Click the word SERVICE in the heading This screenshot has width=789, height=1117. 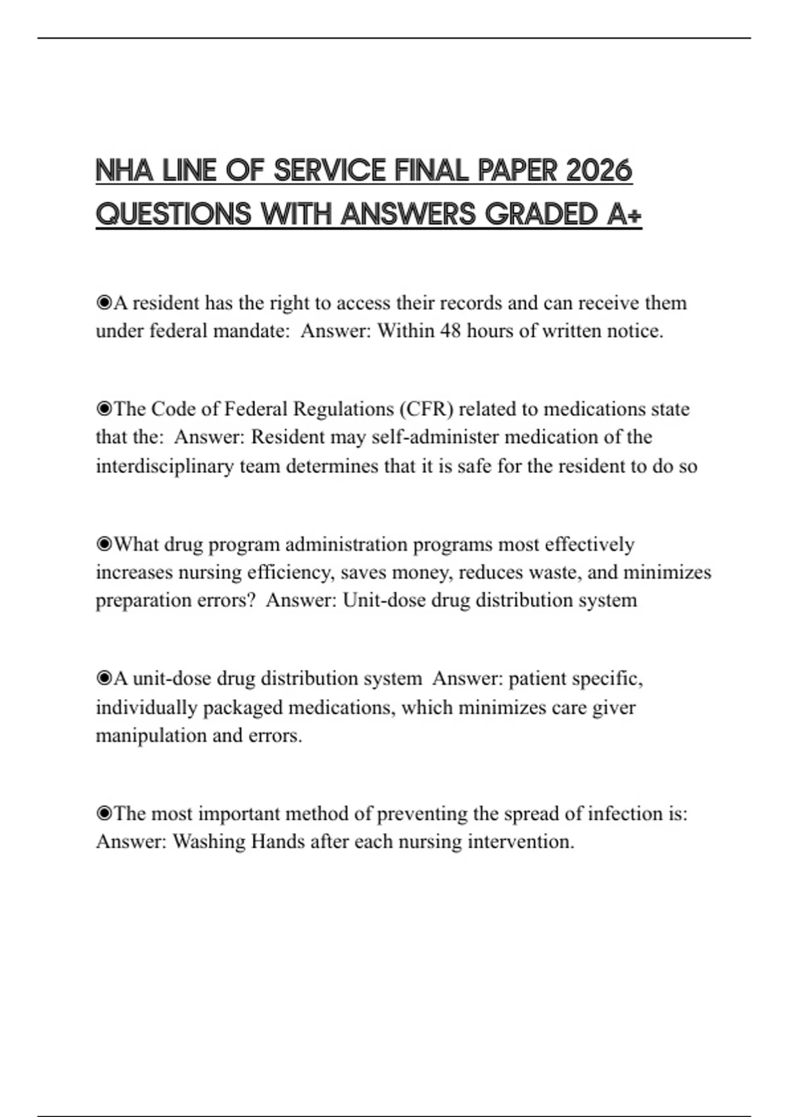[329, 171]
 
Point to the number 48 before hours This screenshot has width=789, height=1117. [450, 331]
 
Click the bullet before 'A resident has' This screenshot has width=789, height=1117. [104, 303]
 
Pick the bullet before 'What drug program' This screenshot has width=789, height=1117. [104, 544]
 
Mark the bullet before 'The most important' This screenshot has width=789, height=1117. [104, 813]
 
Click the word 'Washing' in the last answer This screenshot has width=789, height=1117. [209, 842]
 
